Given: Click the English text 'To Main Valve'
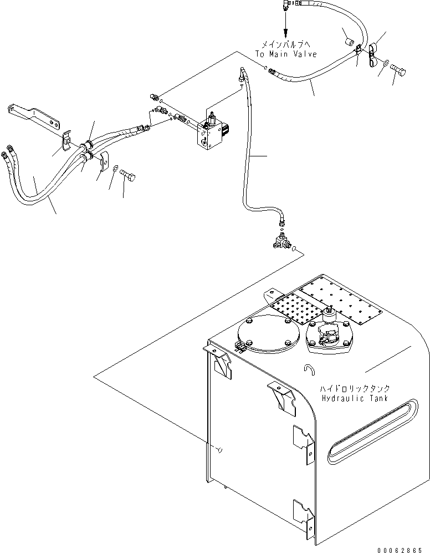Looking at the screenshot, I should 285,54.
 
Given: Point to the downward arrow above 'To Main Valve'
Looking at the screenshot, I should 285,27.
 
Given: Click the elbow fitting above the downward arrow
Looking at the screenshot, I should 284,5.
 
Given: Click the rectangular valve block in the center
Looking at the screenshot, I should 209,133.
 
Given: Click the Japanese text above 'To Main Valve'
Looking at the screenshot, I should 285,44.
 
